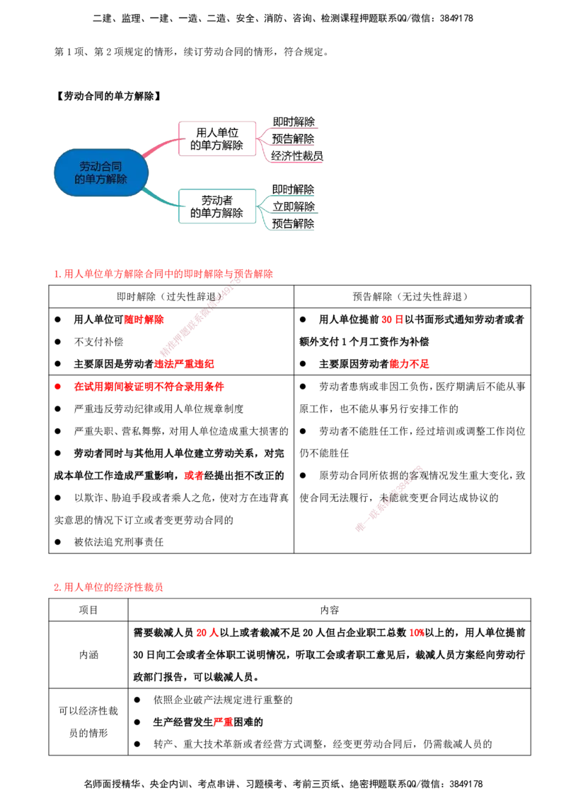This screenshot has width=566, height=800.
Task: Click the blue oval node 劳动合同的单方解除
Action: (101, 172)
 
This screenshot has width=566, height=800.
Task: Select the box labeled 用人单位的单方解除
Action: (217, 139)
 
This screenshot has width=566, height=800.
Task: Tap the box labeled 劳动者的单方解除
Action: (217, 206)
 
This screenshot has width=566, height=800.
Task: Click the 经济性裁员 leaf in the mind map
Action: (296, 155)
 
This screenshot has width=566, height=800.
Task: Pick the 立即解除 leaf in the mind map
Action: (293, 206)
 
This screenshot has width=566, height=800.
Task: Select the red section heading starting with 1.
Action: (163, 274)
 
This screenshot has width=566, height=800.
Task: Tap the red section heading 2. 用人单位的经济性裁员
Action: (108, 587)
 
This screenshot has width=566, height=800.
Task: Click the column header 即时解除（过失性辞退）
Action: (171, 296)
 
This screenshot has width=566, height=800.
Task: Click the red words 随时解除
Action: (144, 319)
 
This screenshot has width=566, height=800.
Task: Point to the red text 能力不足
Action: (409, 364)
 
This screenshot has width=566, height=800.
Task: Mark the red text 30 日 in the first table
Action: (393, 319)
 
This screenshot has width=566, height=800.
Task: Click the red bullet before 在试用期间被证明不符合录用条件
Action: (58, 387)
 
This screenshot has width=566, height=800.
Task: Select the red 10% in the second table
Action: (416, 633)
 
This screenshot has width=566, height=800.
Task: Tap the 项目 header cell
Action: (88, 610)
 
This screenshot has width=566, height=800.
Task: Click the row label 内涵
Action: (88, 654)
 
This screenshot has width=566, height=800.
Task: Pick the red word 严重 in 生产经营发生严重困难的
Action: (224, 722)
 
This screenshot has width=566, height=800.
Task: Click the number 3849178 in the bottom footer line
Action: (464, 784)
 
